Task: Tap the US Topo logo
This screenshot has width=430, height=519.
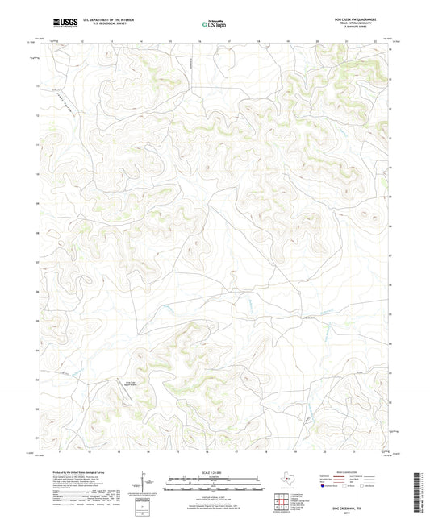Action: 213,23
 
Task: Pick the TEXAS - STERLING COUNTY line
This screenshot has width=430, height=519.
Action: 360,23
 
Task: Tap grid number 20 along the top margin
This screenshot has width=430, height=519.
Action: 317,39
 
